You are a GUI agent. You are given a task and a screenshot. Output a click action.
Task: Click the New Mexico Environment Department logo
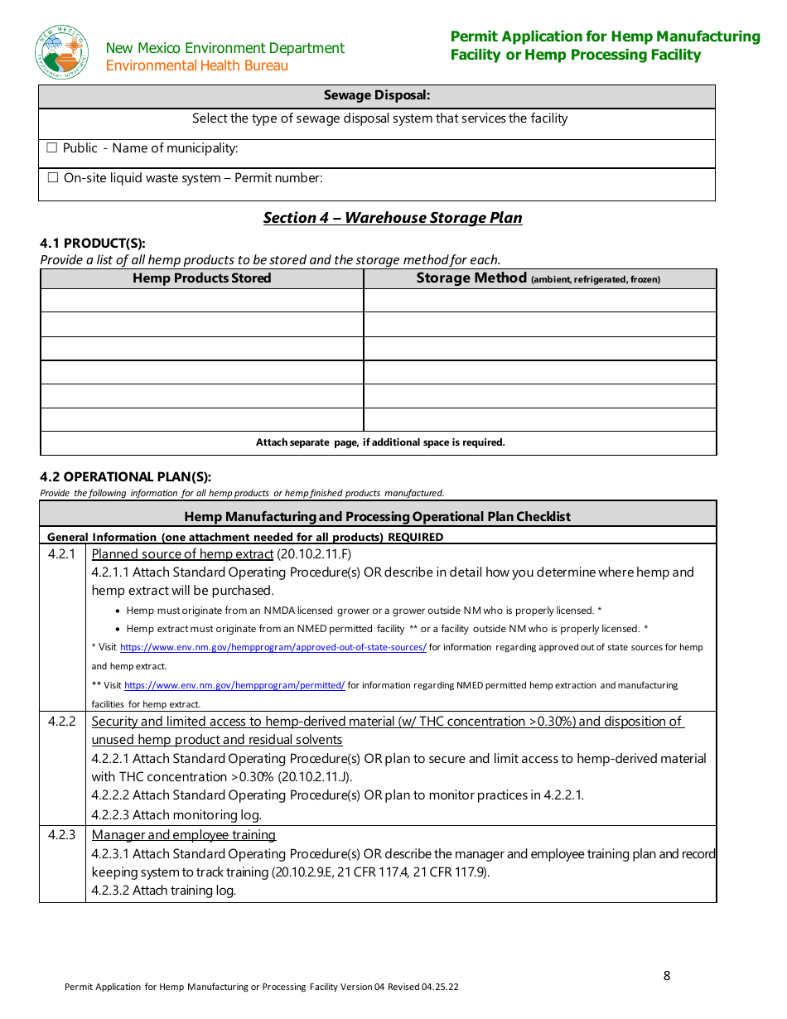(62, 52)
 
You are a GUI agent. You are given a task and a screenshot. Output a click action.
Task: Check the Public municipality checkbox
(52, 148)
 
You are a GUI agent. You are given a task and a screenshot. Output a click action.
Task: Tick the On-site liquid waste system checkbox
(53, 178)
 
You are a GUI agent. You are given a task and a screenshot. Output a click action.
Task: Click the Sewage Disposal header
(376, 96)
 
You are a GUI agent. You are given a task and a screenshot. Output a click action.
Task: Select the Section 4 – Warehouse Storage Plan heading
(393, 218)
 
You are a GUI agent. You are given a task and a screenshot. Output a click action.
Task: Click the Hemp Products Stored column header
(201, 278)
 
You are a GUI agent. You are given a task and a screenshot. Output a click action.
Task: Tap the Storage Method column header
(538, 278)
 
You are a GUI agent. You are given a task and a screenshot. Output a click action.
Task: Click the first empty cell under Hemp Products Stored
(201, 301)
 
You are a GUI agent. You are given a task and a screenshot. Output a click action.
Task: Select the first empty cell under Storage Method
(539, 301)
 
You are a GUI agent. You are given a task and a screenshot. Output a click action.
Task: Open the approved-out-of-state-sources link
(273, 648)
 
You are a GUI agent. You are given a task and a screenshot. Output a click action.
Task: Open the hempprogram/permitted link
(234, 686)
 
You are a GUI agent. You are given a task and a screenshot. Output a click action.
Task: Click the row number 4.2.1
(61, 554)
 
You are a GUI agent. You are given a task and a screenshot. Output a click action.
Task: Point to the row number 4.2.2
(61, 722)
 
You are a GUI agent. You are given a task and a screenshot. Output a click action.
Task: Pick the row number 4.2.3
(61, 835)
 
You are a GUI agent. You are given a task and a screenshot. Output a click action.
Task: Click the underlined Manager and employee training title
(184, 835)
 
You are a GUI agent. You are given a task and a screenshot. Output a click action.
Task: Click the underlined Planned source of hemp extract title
(182, 554)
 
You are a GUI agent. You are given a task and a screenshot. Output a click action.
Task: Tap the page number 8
(667, 976)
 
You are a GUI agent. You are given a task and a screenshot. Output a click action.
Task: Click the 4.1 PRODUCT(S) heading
(93, 243)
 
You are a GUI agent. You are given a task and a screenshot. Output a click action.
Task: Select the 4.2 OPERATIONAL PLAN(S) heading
(125, 476)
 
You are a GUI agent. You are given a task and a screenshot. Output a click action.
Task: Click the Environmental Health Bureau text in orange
(197, 65)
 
